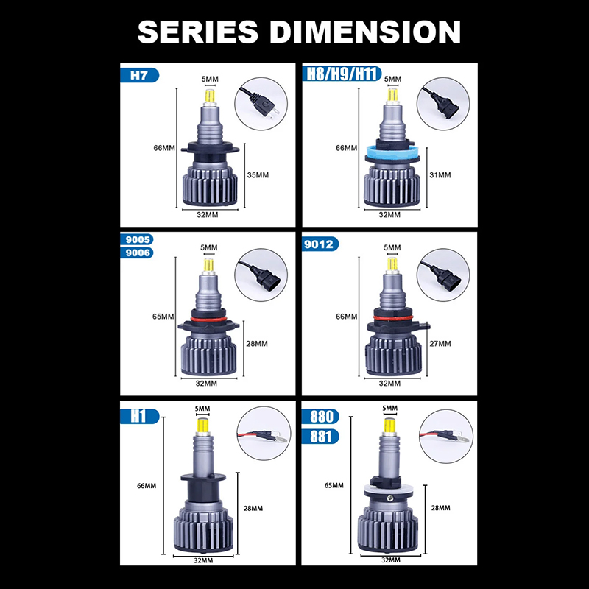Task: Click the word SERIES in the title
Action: (x=198, y=32)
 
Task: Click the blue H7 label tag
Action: (x=139, y=76)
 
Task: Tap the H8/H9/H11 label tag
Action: (x=342, y=74)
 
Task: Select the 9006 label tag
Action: (x=137, y=253)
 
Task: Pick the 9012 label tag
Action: (x=320, y=244)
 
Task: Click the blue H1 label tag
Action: (x=140, y=416)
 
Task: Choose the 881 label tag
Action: (x=320, y=437)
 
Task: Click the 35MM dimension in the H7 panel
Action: (x=258, y=175)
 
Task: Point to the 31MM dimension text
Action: (x=440, y=175)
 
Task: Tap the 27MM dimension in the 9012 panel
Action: (x=440, y=344)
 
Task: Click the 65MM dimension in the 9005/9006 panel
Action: (x=163, y=317)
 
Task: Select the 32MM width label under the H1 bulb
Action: (x=203, y=560)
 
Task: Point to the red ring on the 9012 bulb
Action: (x=392, y=318)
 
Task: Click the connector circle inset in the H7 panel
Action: (x=261, y=104)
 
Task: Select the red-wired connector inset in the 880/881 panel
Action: (x=446, y=436)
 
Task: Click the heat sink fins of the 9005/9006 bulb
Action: (x=209, y=355)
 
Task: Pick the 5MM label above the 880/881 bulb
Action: (x=389, y=409)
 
